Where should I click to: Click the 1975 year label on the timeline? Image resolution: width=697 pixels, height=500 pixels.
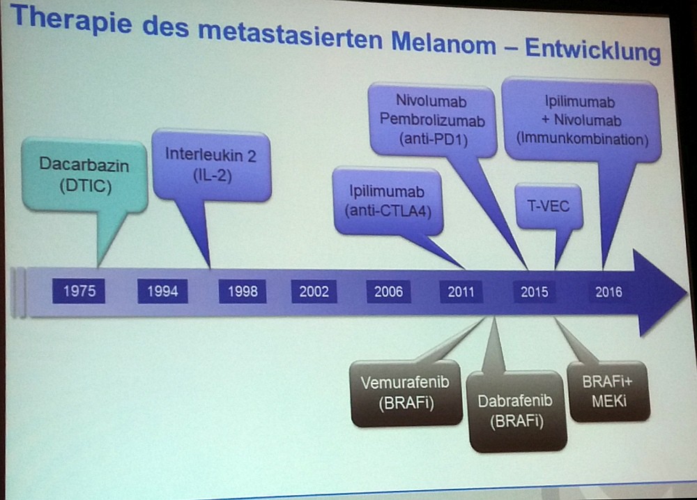pos(79,291)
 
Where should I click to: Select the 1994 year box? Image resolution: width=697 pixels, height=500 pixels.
pos(162,291)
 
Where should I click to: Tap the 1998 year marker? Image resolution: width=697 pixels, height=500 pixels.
pos(243,291)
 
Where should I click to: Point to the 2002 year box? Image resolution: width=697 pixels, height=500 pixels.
pos(314,291)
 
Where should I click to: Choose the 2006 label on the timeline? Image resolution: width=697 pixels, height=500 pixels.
pos(388,291)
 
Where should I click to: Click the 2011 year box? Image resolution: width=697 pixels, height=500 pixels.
pos(461,291)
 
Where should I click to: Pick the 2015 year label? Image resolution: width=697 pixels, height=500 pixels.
pos(535,292)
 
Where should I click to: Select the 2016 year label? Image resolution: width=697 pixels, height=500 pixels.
pos(608,292)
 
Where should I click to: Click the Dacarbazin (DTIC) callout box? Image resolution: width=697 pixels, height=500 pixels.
pos(84,175)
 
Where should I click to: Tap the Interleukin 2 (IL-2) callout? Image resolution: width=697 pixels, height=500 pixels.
pos(211,165)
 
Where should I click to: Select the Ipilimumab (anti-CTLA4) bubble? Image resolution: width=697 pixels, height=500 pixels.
pos(388,201)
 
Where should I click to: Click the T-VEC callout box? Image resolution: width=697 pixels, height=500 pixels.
pos(548,206)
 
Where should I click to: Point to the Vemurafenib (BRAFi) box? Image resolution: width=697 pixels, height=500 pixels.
pos(406,393)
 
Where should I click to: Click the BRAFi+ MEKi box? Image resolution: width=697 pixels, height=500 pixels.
pos(608,391)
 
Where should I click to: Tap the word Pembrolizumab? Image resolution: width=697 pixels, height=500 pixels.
pos(432,120)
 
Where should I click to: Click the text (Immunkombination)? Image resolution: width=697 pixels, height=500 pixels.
pos(582,139)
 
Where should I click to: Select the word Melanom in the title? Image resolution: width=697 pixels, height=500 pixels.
pos(443,43)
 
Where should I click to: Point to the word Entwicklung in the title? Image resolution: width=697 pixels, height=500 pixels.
pos(593,49)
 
